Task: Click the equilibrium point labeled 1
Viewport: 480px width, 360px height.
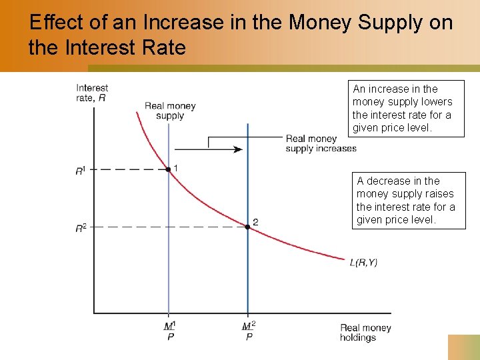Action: coord(168,169)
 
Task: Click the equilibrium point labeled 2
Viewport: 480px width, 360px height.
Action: coord(247,227)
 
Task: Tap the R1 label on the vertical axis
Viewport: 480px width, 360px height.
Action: coord(80,171)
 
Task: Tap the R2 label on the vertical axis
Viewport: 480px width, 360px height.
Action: coord(80,229)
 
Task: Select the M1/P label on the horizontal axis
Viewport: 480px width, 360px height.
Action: coord(169,331)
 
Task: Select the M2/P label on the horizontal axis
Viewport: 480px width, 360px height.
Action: coord(249,331)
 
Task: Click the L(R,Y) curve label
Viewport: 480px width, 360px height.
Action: coord(363,263)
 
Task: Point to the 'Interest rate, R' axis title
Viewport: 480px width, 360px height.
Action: coord(92,93)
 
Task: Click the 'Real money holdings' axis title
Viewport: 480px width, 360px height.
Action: coord(365,332)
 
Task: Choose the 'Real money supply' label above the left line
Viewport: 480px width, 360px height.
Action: coord(170,111)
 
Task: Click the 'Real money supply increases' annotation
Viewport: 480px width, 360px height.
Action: coord(321,143)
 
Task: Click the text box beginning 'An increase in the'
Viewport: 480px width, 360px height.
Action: coord(408,109)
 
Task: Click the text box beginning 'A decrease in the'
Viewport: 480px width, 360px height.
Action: coord(408,201)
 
